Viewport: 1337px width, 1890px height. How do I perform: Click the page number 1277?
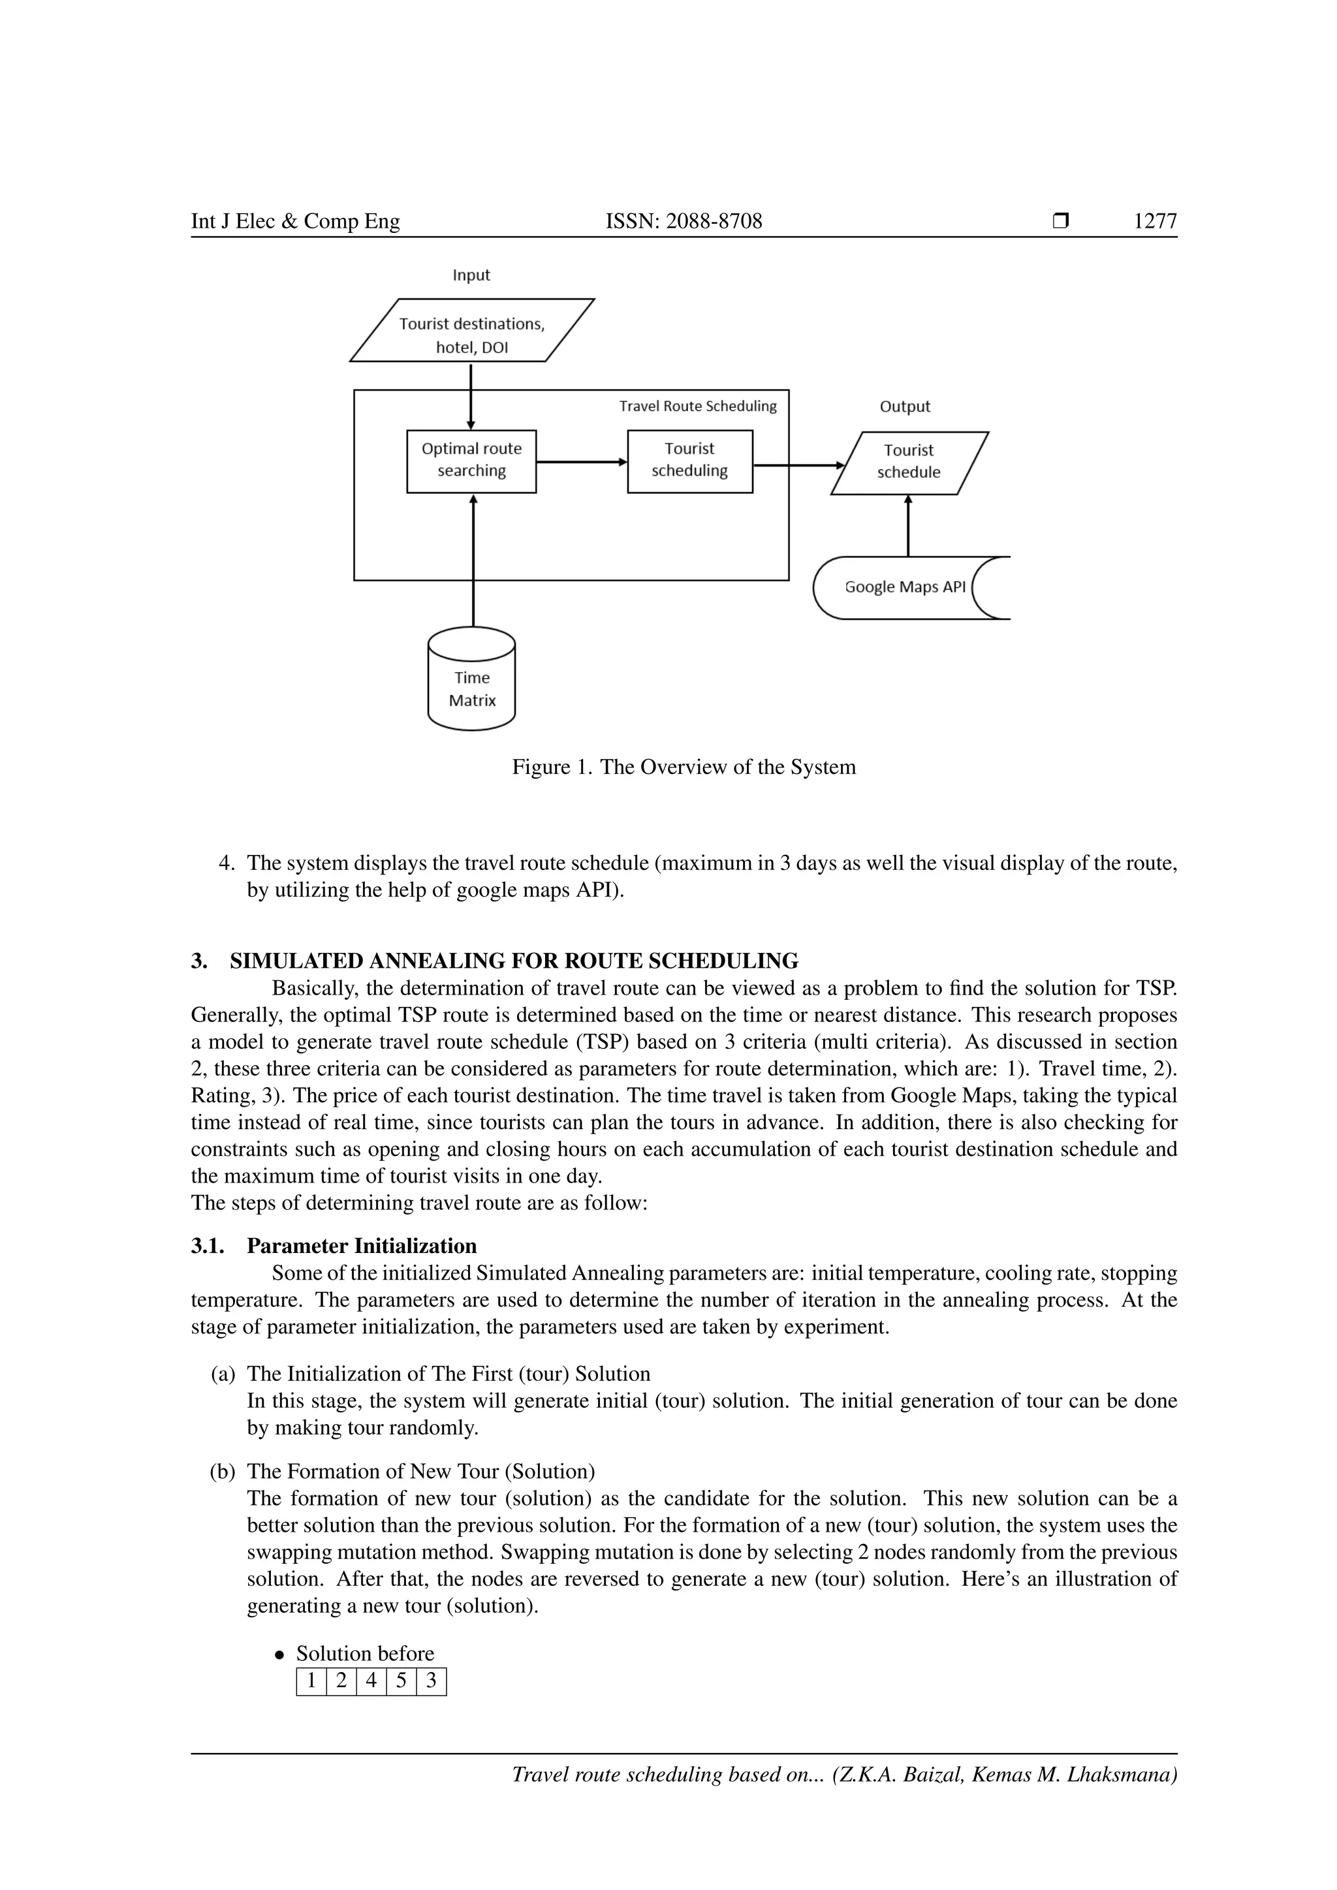point(1154,221)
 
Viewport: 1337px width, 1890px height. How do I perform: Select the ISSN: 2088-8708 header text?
point(684,221)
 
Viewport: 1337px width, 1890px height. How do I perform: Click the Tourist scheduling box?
point(689,461)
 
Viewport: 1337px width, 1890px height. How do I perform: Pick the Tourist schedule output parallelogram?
point(908,463)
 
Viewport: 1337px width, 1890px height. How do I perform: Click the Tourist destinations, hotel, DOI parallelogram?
point(472,331)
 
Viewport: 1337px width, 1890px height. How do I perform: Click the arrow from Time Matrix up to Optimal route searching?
point(473,560)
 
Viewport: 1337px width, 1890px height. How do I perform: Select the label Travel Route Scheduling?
point(697,406)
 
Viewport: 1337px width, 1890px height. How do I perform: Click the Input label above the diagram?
point(471,275)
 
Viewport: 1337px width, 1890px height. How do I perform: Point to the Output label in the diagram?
point(904,406)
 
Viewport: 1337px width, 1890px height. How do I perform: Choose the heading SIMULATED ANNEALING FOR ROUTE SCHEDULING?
point(513,961)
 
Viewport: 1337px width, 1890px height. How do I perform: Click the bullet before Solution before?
point(280,1654)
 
